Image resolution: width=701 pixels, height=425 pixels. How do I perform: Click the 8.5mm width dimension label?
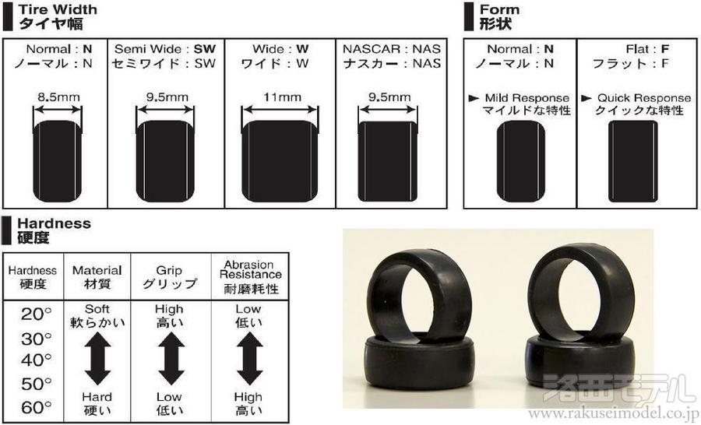(58, 97)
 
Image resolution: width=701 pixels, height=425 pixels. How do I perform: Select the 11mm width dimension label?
(282, 97)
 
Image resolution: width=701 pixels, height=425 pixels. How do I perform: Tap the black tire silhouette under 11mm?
(280, 161)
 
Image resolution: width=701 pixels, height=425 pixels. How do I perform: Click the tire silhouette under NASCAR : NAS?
(388, 161)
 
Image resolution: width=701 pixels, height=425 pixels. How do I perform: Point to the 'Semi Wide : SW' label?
(165, 49)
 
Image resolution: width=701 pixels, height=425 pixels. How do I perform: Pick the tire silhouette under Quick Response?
(633, 161)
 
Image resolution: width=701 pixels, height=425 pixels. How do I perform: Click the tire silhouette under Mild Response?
(521, 161)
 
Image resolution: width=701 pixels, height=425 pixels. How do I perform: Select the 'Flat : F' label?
(647, 49)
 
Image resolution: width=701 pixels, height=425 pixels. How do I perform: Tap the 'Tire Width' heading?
(57, 9)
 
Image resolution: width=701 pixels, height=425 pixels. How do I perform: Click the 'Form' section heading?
(499, 9)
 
